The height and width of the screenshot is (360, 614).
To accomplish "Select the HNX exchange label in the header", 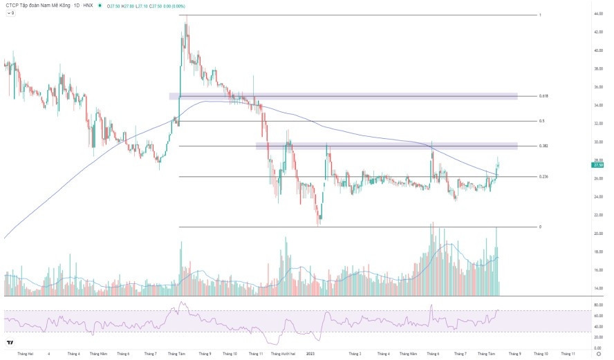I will point(87,5).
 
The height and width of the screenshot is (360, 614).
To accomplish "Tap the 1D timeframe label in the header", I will point(77,5).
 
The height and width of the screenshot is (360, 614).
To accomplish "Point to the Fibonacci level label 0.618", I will point(543,96).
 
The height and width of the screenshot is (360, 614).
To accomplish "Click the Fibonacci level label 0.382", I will point(543,146).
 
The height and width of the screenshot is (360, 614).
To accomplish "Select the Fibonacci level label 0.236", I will point(543,177).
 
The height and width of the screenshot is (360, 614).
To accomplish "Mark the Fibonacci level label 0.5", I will point(541,121).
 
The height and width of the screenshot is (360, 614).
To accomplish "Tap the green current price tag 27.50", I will point(598,165).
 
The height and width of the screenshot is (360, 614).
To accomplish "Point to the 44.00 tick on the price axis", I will point(598,14).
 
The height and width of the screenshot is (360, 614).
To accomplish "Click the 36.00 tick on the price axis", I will point(598,87).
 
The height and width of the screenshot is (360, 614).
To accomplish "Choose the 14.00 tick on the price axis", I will point(598,288).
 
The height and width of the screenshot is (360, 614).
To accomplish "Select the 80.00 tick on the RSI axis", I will point(598,304).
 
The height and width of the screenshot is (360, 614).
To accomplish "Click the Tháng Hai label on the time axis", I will point(26,354).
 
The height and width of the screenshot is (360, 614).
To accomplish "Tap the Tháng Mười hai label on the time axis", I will point(284,354).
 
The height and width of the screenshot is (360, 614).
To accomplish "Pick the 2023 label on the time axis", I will point(310,354).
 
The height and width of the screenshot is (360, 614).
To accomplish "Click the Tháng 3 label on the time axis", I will point(355,354).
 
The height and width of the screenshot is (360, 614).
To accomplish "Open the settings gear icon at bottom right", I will point(598,354).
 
